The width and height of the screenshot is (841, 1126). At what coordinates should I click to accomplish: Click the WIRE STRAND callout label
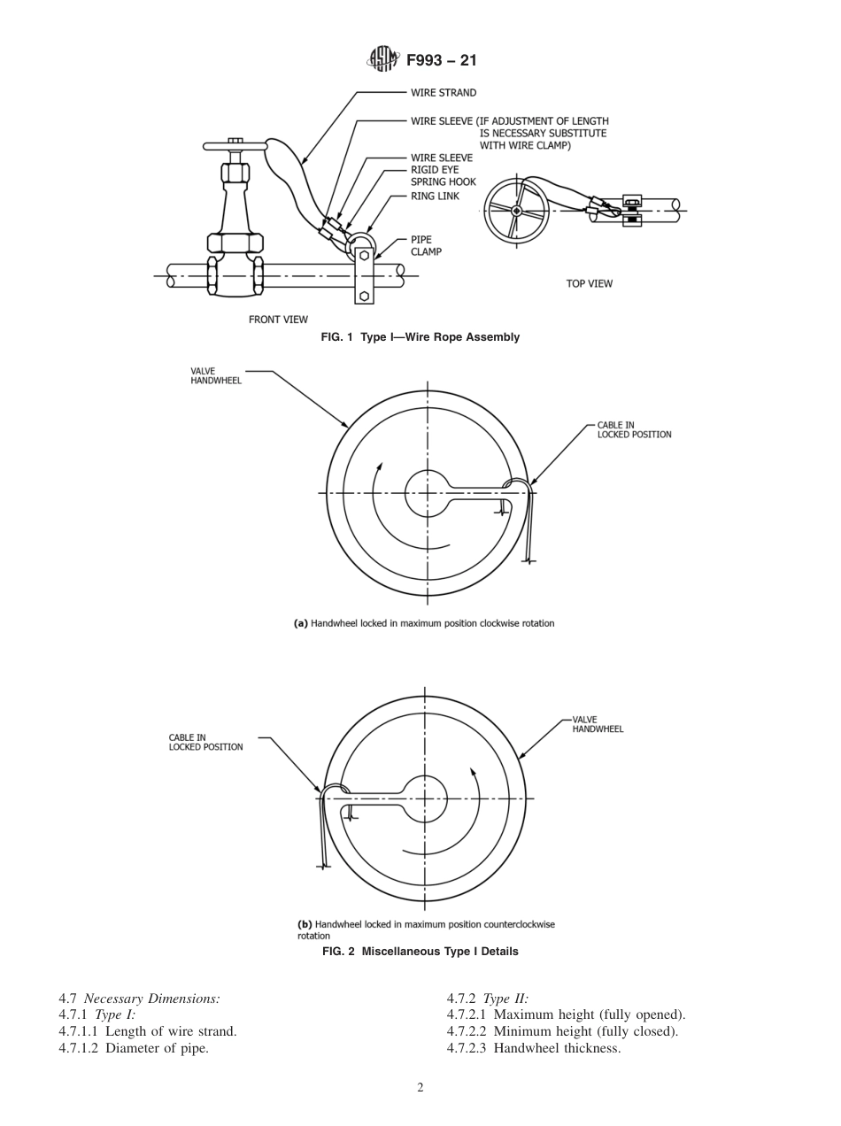(444, 92)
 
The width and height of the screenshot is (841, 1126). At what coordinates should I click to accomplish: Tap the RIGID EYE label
(435, 170)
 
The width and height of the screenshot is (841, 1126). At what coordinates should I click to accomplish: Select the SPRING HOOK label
(443, 182)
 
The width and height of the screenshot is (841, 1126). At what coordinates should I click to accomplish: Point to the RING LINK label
(435, 196)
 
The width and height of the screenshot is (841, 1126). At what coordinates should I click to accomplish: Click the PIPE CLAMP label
(426, 245)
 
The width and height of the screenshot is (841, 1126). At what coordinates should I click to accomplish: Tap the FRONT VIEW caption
(278, 320)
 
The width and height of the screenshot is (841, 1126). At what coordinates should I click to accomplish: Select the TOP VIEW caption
(589, 283)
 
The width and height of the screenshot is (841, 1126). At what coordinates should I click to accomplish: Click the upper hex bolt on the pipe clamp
(364, 256)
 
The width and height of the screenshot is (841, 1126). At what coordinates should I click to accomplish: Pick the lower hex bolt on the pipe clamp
(364, 296)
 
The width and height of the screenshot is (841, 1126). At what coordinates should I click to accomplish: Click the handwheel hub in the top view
(517, 211)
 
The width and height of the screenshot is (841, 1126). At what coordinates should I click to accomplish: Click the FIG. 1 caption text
(420, 337)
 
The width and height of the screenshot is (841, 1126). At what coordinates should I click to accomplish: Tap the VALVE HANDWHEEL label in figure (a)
(216, 375)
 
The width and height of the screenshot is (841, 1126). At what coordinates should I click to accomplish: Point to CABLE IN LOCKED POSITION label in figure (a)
(634, 430)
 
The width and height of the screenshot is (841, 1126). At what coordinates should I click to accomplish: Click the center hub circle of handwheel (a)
(428, 493)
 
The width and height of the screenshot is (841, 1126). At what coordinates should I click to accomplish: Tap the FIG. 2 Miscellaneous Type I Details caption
(420, 952)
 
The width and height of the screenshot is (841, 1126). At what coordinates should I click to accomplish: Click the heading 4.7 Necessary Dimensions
(139, 999)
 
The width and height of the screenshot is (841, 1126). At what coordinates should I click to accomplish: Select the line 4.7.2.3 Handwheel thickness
(534, 1048)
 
